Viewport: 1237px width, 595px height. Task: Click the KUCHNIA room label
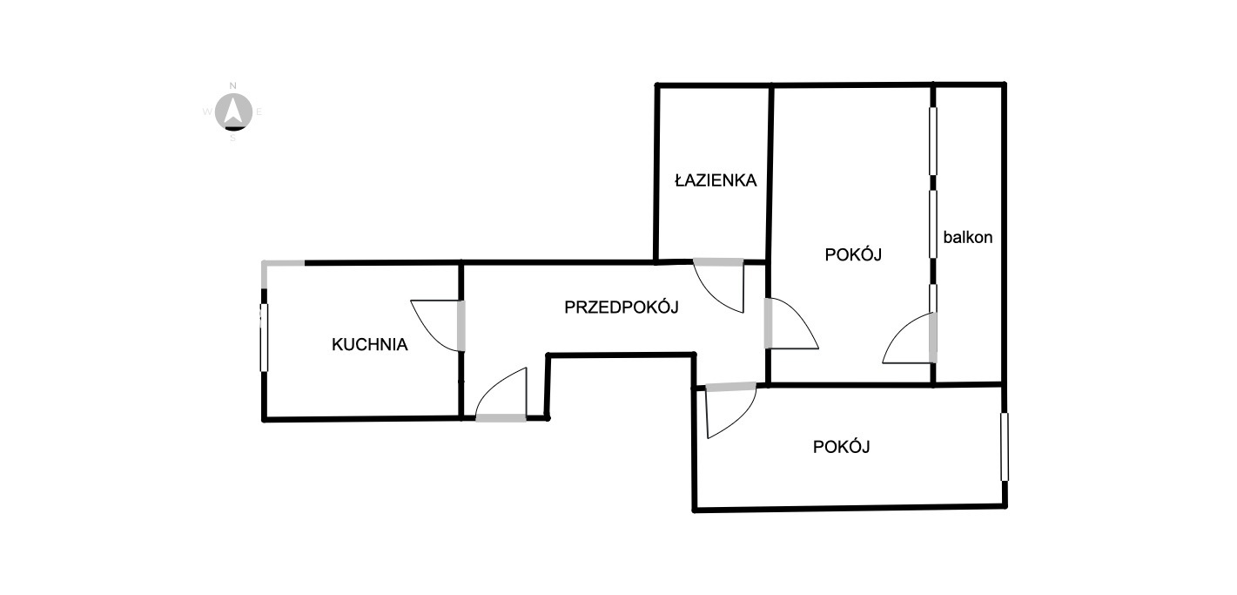tap(370, 344)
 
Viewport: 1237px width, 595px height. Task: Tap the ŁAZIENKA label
tap(716, 181)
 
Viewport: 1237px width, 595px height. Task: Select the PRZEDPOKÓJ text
tap(622, 307)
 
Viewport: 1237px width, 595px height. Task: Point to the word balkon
tap(968, 236)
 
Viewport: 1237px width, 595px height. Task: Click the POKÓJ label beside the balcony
tap(853, 255)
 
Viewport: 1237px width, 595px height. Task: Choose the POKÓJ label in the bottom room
tap(842, 447)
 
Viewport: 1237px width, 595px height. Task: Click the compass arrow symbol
tap(233, 110)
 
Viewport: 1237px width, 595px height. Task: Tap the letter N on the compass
tap(232, 85)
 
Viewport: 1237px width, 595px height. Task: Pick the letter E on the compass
tap(259, 112)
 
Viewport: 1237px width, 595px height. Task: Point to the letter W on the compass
tap(207, 112)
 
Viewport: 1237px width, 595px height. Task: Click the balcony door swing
tap(908, 340)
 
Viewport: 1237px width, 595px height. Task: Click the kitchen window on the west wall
tap(264, 337)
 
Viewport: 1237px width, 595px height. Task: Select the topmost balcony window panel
tap(933, 140)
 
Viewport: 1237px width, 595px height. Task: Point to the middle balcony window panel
tap(933, 223)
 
